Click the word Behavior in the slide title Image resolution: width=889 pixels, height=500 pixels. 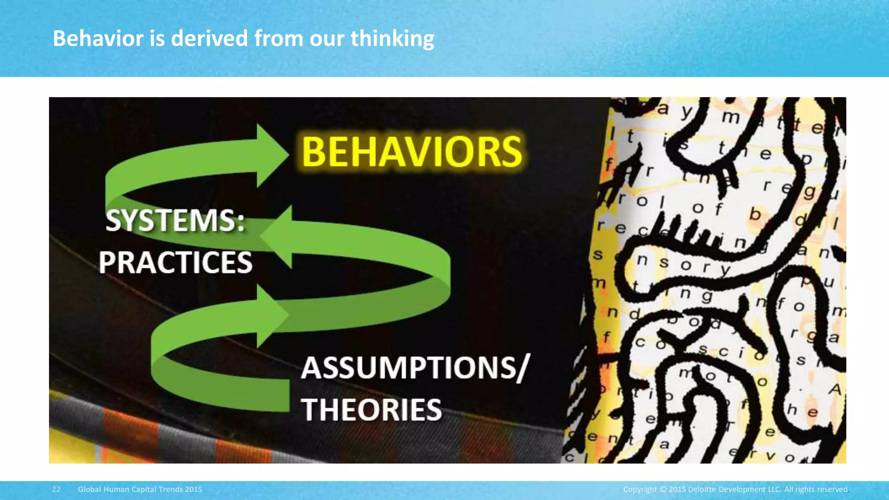98,38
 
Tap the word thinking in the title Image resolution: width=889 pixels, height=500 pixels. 392,38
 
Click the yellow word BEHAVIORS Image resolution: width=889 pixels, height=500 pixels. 412,152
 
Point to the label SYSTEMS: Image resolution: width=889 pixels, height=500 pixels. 175,220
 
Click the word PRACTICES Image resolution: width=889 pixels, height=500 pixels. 175,263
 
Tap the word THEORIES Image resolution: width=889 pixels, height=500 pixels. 372,410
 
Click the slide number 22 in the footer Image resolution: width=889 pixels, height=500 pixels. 56,489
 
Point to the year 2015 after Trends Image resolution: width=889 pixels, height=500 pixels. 194,489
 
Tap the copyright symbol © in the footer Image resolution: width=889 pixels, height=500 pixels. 662,489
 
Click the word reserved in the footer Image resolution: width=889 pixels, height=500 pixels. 832,489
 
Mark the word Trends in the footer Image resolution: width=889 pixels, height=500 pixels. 171,489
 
